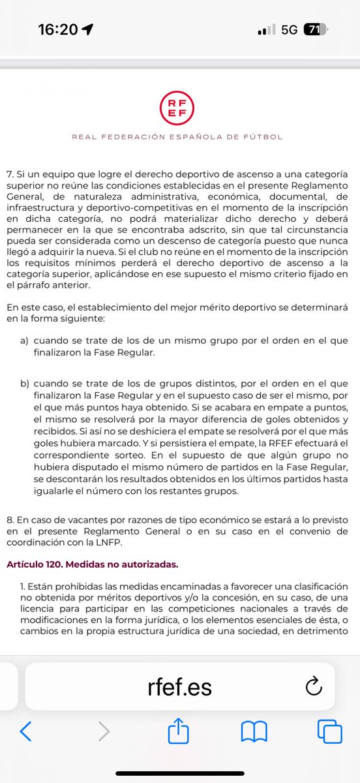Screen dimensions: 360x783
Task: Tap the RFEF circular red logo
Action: [177, 104]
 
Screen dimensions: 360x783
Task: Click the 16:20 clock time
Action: [58, 29]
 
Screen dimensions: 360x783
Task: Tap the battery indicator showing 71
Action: [315, 30]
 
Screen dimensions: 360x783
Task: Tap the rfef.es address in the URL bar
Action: [179, 686]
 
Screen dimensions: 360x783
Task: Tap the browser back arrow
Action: [26, 731]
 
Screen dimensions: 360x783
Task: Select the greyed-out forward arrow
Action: [103, 731]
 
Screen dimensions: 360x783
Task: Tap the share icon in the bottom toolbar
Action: [178, 730]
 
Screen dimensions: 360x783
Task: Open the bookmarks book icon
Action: [254, 731]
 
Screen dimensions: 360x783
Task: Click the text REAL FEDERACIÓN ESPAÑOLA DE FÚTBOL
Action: [177, 137]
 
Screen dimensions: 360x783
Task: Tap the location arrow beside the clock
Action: [87, 29]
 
